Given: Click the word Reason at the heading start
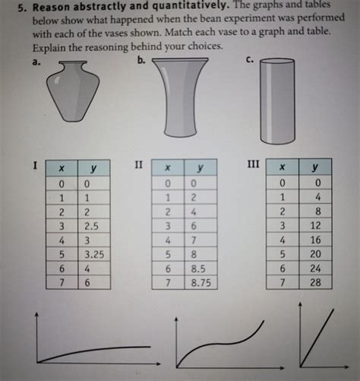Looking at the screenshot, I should tap(39, 7).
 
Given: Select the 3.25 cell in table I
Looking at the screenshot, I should tap(93, 253).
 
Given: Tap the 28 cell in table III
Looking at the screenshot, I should tap(316, 282).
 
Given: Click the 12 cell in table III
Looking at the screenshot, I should tap(316, 225).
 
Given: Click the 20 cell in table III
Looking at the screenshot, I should tap(316, 253).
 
